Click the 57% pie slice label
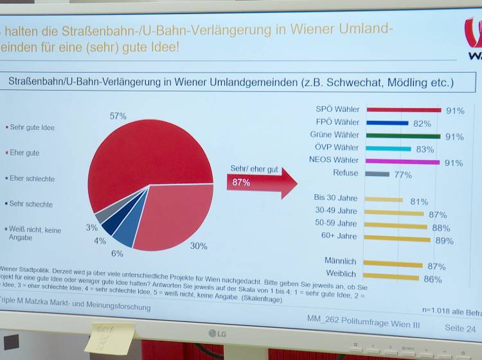point(118,116)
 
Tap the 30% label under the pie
point(199,246)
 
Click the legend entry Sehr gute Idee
point(32,127)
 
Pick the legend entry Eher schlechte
point(32,179)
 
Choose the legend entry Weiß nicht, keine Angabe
point(35,233)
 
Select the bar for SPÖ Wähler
point(403,110)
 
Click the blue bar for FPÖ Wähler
point(387,123)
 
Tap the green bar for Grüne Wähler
point(403,136)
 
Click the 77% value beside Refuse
point(403,174)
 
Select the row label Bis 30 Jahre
point(335,198)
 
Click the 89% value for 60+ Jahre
point(445,240)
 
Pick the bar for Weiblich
point(391,277)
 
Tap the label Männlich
point(341,261)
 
